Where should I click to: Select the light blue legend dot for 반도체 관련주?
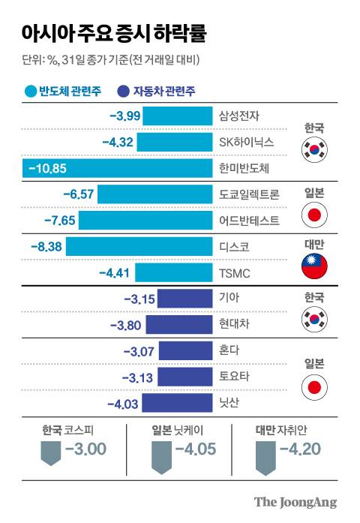(30, 92)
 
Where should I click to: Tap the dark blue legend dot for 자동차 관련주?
(123, 92)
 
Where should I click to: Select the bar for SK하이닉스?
(175, 142)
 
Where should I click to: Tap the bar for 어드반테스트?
(146, 221)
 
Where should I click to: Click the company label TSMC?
(235, 273)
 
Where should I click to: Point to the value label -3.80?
(126, 325)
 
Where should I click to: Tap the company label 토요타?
(233, 377)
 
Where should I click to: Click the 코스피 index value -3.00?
(85, 450)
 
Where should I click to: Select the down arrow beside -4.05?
(160, 457)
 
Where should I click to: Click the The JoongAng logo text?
(295, 502)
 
